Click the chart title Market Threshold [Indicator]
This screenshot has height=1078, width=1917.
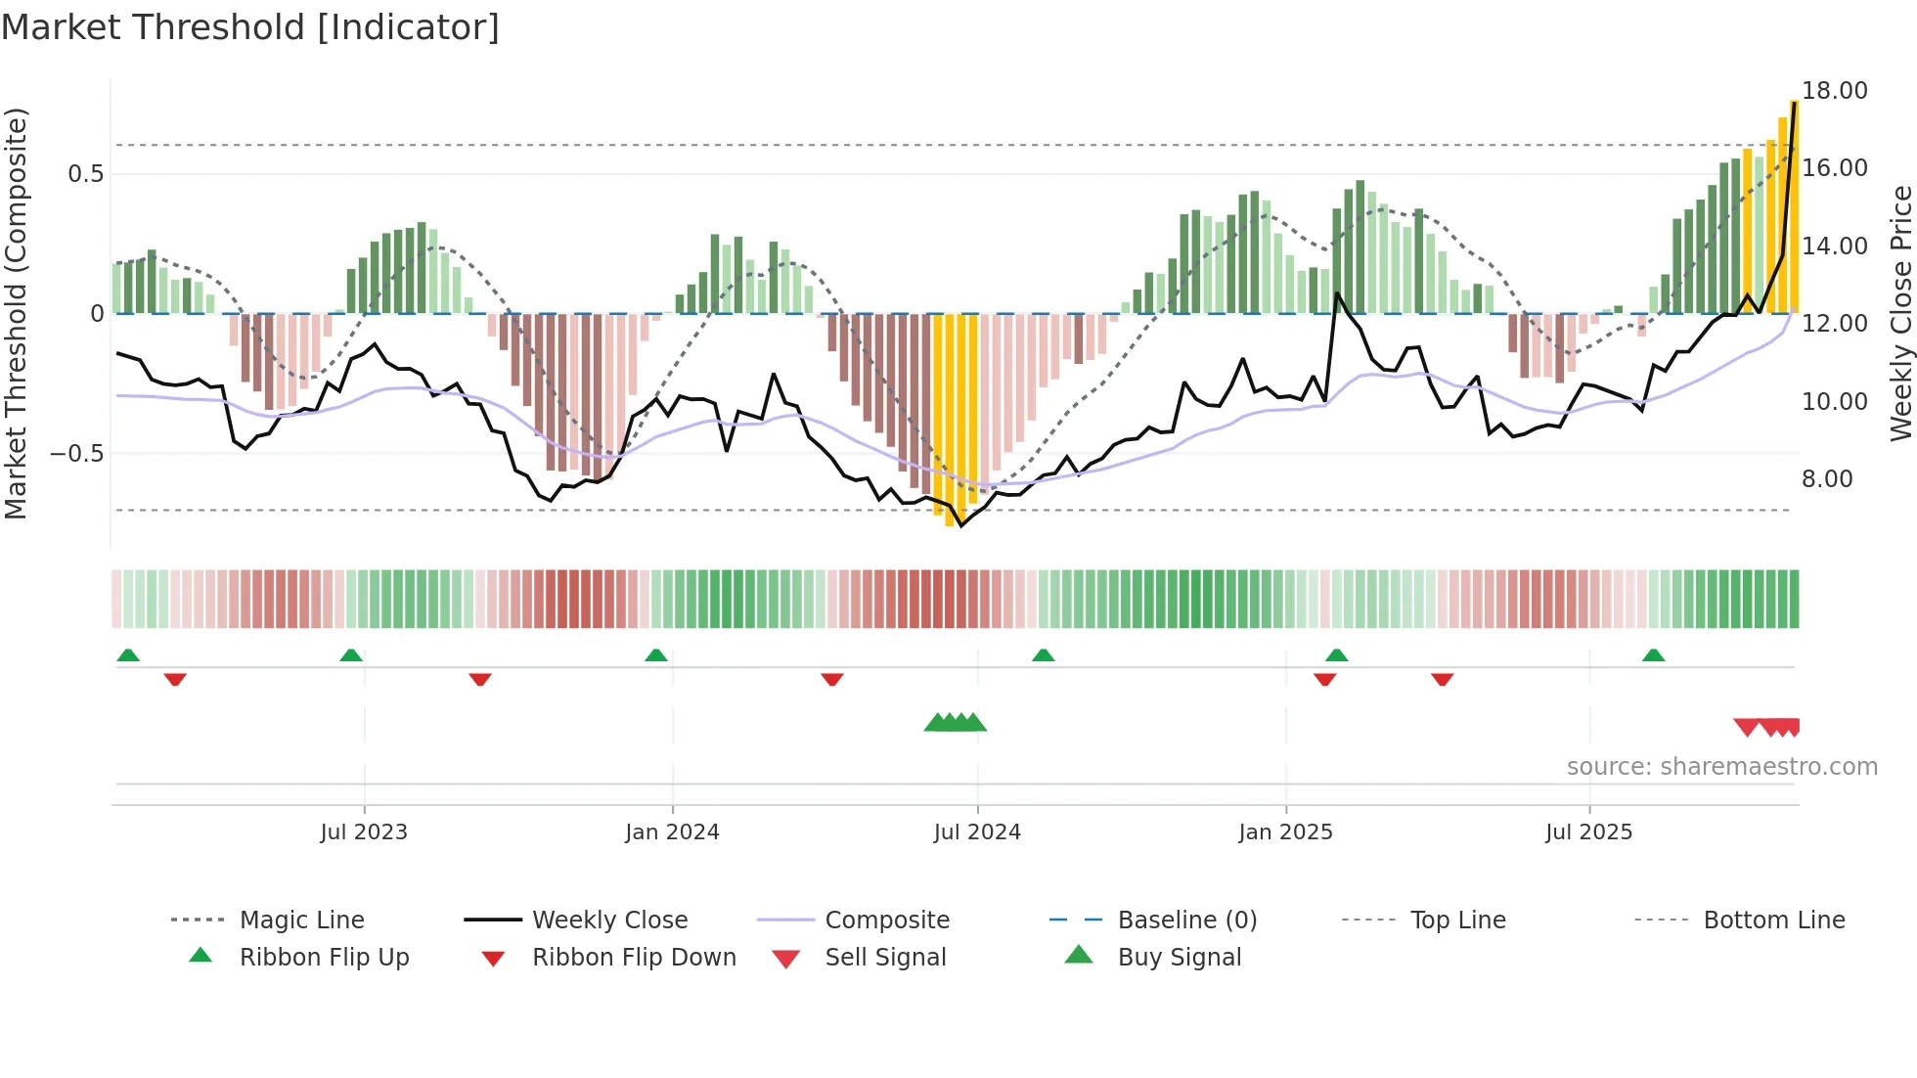[250, 27]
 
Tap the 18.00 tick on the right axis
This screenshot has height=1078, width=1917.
[1834, 91]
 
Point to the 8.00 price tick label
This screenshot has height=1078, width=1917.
[1827, 479]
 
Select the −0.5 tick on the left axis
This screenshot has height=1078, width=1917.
[76, 454]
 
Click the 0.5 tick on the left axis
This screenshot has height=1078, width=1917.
[85, 174]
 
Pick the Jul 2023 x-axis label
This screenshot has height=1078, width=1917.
[364, 832]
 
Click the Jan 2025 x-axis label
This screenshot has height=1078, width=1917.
[1285, 832]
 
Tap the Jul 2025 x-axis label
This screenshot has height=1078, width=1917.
[1588, 832]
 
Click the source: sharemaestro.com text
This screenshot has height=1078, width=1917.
[1721, 767]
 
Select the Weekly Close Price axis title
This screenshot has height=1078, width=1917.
[1900, 313]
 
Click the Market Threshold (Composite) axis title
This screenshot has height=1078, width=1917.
[16, 313]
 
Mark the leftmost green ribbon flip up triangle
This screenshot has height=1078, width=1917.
[128, 655]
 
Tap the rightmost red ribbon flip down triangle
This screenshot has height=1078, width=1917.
[1442, 679]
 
